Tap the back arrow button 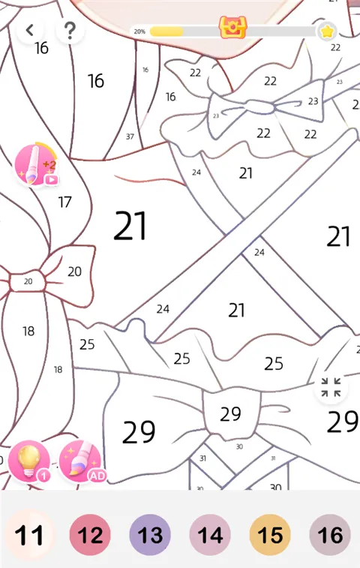tap(30, 30)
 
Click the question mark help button tap(70, 30)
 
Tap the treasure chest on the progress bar tap(232, 28)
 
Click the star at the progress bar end tap(327, 32)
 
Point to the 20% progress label tap(139, 32)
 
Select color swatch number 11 tap(30, 535)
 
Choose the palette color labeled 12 tap(90, 535)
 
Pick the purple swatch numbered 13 tap(150, 535)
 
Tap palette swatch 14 tap(210, 535)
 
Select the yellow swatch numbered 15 tap(270, 535)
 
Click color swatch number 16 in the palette tap(330, 535)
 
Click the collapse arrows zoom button tap(331, 387)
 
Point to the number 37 tap(130, 137)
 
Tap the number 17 tap(64, 202)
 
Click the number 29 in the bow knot tap(231, 413)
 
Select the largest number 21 tap(130, 226)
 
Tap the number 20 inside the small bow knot tap(28, 281)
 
